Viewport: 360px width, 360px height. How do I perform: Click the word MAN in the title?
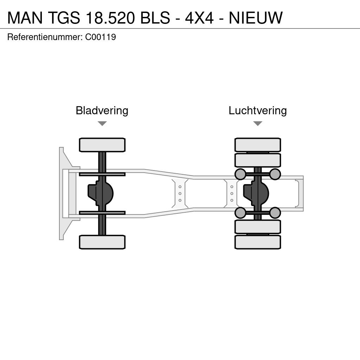[x=25, y=18]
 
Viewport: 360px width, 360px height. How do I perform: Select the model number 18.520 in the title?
[x=110, y=18]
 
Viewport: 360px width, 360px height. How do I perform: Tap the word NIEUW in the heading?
[x=256, y=18]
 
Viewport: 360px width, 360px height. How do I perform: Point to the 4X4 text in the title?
[x=199, y=18]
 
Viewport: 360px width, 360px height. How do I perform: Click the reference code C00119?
[x=101, y=37]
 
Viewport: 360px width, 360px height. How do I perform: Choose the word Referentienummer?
[x=45, y=37]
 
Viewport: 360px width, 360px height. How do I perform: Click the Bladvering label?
[x=102, y=110]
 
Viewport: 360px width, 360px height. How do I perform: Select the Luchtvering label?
[x=258, y=110]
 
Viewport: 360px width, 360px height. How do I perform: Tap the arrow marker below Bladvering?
[x=102, y=123]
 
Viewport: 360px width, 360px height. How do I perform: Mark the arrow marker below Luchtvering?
[x=258, y=123]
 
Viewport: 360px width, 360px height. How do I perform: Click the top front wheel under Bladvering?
[x=102, y=145]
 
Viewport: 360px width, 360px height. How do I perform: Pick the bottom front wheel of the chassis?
[x=102, y=242]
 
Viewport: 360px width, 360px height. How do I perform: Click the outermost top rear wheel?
[x=258, y=145]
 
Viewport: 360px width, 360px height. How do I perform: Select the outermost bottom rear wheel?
[x=258, y=242]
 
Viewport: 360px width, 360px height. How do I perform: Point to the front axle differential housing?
[x=101, y=193]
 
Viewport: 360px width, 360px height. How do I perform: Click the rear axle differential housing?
[x=256, y=193]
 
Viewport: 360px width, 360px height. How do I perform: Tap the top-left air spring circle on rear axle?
[x=240, y=174]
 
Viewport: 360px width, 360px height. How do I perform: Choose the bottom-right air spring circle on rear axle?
[x=275, y=213]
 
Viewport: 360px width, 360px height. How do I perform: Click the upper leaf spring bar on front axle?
[x=102, y=174]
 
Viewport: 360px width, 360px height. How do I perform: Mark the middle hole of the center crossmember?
[x=180, y=194]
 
